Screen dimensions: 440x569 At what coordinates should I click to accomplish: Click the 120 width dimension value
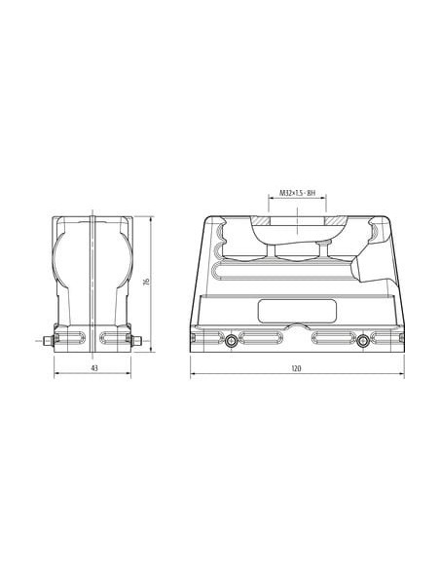click(x=296, y=368)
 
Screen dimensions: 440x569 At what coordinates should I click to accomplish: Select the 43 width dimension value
click(x=94, y=368)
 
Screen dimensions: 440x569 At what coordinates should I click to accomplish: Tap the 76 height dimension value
click(x=146, y=282)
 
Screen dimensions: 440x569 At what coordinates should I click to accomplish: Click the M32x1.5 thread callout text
click(x=297, y=193)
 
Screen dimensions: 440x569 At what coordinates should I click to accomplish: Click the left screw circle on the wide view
click(x=231, y=341)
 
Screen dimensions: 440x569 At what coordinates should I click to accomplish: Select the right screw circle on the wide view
click(x=363, y=341)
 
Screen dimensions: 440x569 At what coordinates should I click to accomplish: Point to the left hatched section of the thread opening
click(x=261, y=221)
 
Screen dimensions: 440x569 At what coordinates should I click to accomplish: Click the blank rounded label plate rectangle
click(x=297, y=311)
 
